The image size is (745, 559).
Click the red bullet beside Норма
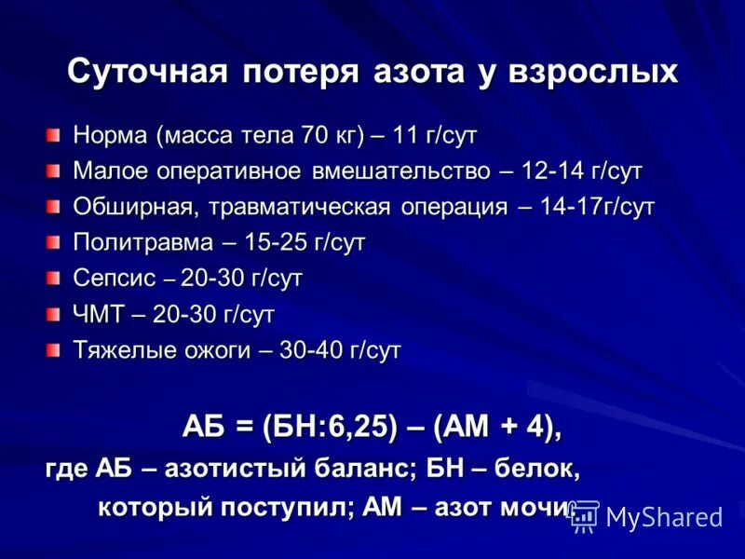click(x=54, y=136)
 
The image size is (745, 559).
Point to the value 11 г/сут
click(x=434, y=136)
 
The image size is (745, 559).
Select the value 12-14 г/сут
click(x=582, y=171)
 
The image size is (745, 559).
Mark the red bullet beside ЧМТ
click(x=54, y=315)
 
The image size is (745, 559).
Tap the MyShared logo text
click(x=663, y=516)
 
